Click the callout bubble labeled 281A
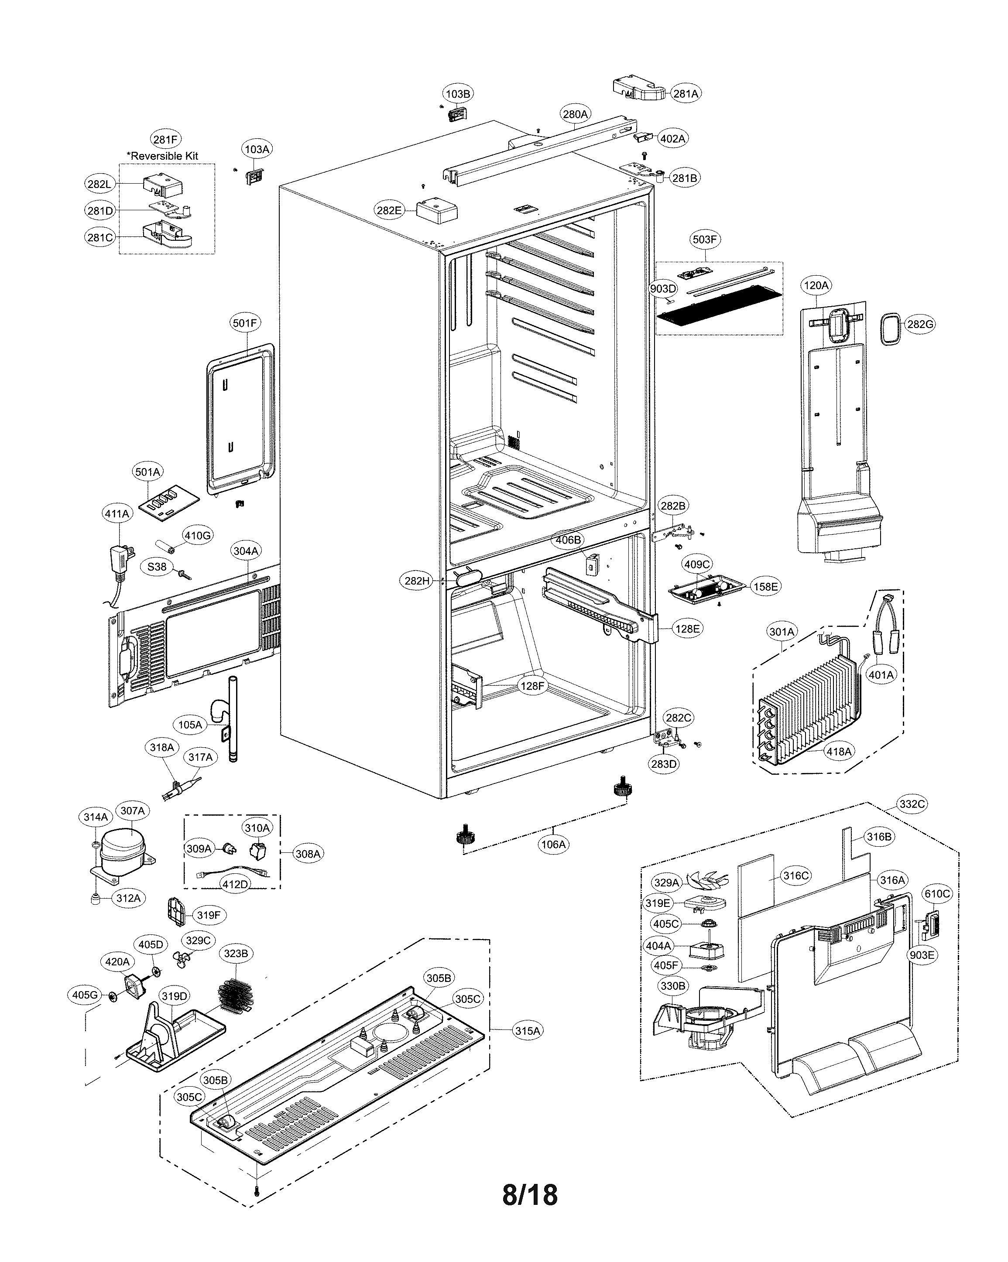(x=685, y=94)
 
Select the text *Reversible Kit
(x=163, y=156)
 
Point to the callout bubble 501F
(x=245, y=323)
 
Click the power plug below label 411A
(x=121, y=559)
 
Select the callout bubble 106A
(x=553, y=845)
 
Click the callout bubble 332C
(x=912, y=804)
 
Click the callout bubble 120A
(x=816, y=286)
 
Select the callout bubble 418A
(x=838, y=752)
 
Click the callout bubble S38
(x=157, y=567)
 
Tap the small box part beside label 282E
(x=436, y=211)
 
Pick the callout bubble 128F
(x=532, y=686)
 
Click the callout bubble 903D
(x=663, y=289)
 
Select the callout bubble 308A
(x=308, y=854)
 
